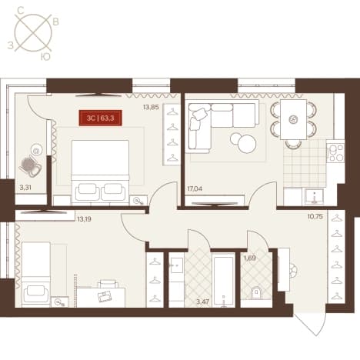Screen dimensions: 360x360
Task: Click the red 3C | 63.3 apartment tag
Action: (100, 118)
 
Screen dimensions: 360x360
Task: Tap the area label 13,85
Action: (151, 107)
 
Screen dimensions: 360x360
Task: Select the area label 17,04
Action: (195, 189)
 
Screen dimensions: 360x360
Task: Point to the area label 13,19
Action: (84, 219)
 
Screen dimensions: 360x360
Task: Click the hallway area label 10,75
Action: (315, 217)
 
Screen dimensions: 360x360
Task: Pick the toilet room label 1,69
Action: (250, 258)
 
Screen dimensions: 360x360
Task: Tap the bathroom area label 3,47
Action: (203, 302)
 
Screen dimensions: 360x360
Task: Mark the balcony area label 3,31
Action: (25, 188)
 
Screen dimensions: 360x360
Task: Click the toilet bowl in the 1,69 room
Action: (256, 293)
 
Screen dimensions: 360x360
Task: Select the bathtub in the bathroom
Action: (223, 280)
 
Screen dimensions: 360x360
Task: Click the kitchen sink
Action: (314, 196)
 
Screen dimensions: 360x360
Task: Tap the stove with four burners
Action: (336, 152)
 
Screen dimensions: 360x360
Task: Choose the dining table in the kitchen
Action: (293, 119)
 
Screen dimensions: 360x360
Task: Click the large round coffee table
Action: (247, 144)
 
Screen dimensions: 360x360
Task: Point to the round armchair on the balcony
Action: (30, 166)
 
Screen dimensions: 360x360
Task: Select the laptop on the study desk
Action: (105, 297)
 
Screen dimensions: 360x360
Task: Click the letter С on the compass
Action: (21, 11)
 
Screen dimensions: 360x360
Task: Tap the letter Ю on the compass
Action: (45, 57)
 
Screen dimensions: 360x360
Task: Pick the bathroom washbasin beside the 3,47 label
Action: (176, 265)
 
